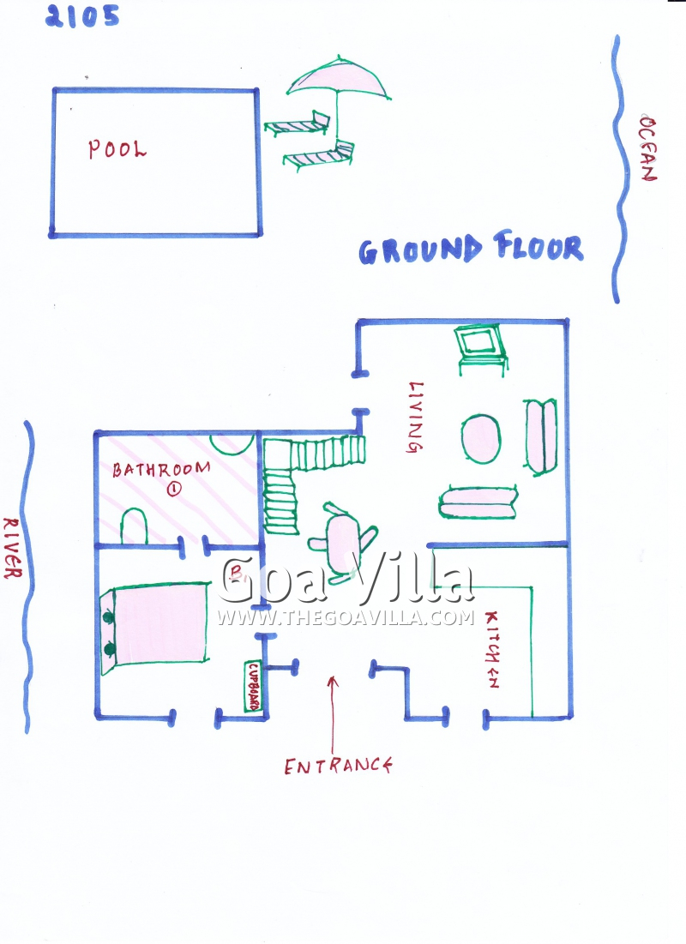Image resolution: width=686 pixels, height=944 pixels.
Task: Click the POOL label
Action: (x=117, y=148)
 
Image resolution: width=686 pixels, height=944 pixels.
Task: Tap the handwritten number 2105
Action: (x=82, y=15)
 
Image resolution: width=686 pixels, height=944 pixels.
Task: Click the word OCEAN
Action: (x=648, y=148)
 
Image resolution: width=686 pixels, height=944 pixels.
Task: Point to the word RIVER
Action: (x=13, y=548)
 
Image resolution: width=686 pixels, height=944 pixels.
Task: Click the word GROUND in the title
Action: (x=420, y=250)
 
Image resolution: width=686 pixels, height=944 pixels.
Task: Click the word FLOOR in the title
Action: (x=539, y=245)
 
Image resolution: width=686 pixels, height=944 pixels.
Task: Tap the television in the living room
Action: (x=481, y=348)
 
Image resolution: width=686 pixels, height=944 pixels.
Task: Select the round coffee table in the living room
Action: (x=481, y=438)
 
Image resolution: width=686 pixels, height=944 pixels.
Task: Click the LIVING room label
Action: (x=416, y=417)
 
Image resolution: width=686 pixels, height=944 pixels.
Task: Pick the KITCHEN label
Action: (x=492, y=649)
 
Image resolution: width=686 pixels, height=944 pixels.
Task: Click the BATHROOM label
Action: (x=161, y=469)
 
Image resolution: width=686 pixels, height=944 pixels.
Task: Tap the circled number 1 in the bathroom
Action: (x=174, y=489)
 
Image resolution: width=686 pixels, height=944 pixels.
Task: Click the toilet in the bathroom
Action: (x=135, y=526)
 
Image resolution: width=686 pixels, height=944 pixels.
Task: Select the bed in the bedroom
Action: (x=155, y=628)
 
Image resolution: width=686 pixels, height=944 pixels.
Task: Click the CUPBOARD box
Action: (x=254, y=686)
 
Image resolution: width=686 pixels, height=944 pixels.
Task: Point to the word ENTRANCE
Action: (x=339, y=766)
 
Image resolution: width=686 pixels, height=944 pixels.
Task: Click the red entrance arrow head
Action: (x=333, y=681)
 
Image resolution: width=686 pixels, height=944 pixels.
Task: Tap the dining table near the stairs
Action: (x=343, y=544)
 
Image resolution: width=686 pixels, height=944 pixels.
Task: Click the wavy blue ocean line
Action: (x=618, y=169)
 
